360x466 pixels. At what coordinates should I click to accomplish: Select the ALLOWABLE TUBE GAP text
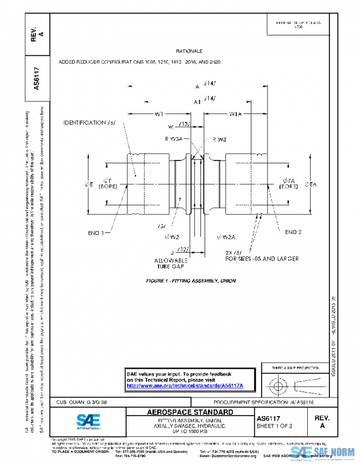tap(173, 264)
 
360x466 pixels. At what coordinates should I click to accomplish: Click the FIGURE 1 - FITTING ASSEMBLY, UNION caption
tap(191, 280)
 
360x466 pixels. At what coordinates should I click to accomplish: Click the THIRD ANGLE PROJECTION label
tap(294, 366)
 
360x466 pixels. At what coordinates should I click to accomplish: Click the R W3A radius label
tap(173, 139)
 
